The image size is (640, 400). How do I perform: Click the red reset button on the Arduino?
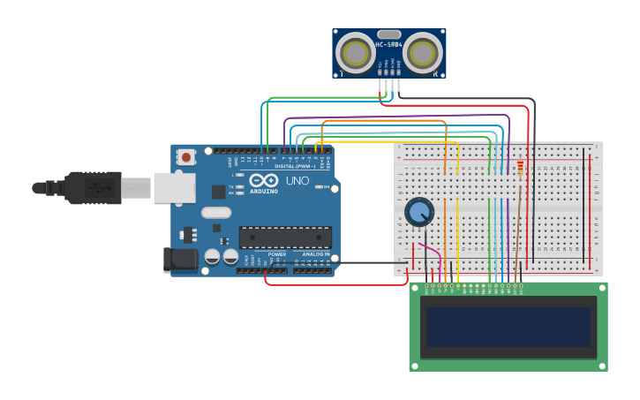pyautogui.click(x=186, y=157)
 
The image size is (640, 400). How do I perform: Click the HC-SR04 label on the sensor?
pyautogui.click(x=388, y=44)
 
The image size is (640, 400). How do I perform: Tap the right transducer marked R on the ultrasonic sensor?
pyautogui.click(x=423, y=53)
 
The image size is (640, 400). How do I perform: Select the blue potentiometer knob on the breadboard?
pyautogui.click(x=419, y=212)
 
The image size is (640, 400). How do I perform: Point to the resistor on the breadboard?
pyautogui.click(x=520, y=167)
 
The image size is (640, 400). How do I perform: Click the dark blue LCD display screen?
pyautogui.click(x=508, y=327)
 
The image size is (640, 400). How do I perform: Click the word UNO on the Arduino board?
pyautogui.click(x=297, y=180)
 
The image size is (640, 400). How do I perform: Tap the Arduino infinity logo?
pyautogui.click(x=263, y=180)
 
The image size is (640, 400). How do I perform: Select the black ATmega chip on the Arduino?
pyautogui.click(x=285, y=237)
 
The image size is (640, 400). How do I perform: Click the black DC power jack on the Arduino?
pyautogui.click(x=179, y=260)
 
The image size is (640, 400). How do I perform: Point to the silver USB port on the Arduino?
pyautogui.click(x=174, y=188)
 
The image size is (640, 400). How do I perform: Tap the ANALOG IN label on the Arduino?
pyautogui.click(x=316, y=254)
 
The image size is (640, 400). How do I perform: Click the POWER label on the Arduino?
pyautogui.click(x=276, y=254)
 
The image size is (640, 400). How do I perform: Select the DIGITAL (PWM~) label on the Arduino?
pyautogui.click(x=294, y=166)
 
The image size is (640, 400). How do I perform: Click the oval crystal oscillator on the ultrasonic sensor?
pyautogui.click(x=389, y=34)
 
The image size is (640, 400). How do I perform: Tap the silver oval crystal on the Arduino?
pyautogui.click(x=216, y=212)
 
